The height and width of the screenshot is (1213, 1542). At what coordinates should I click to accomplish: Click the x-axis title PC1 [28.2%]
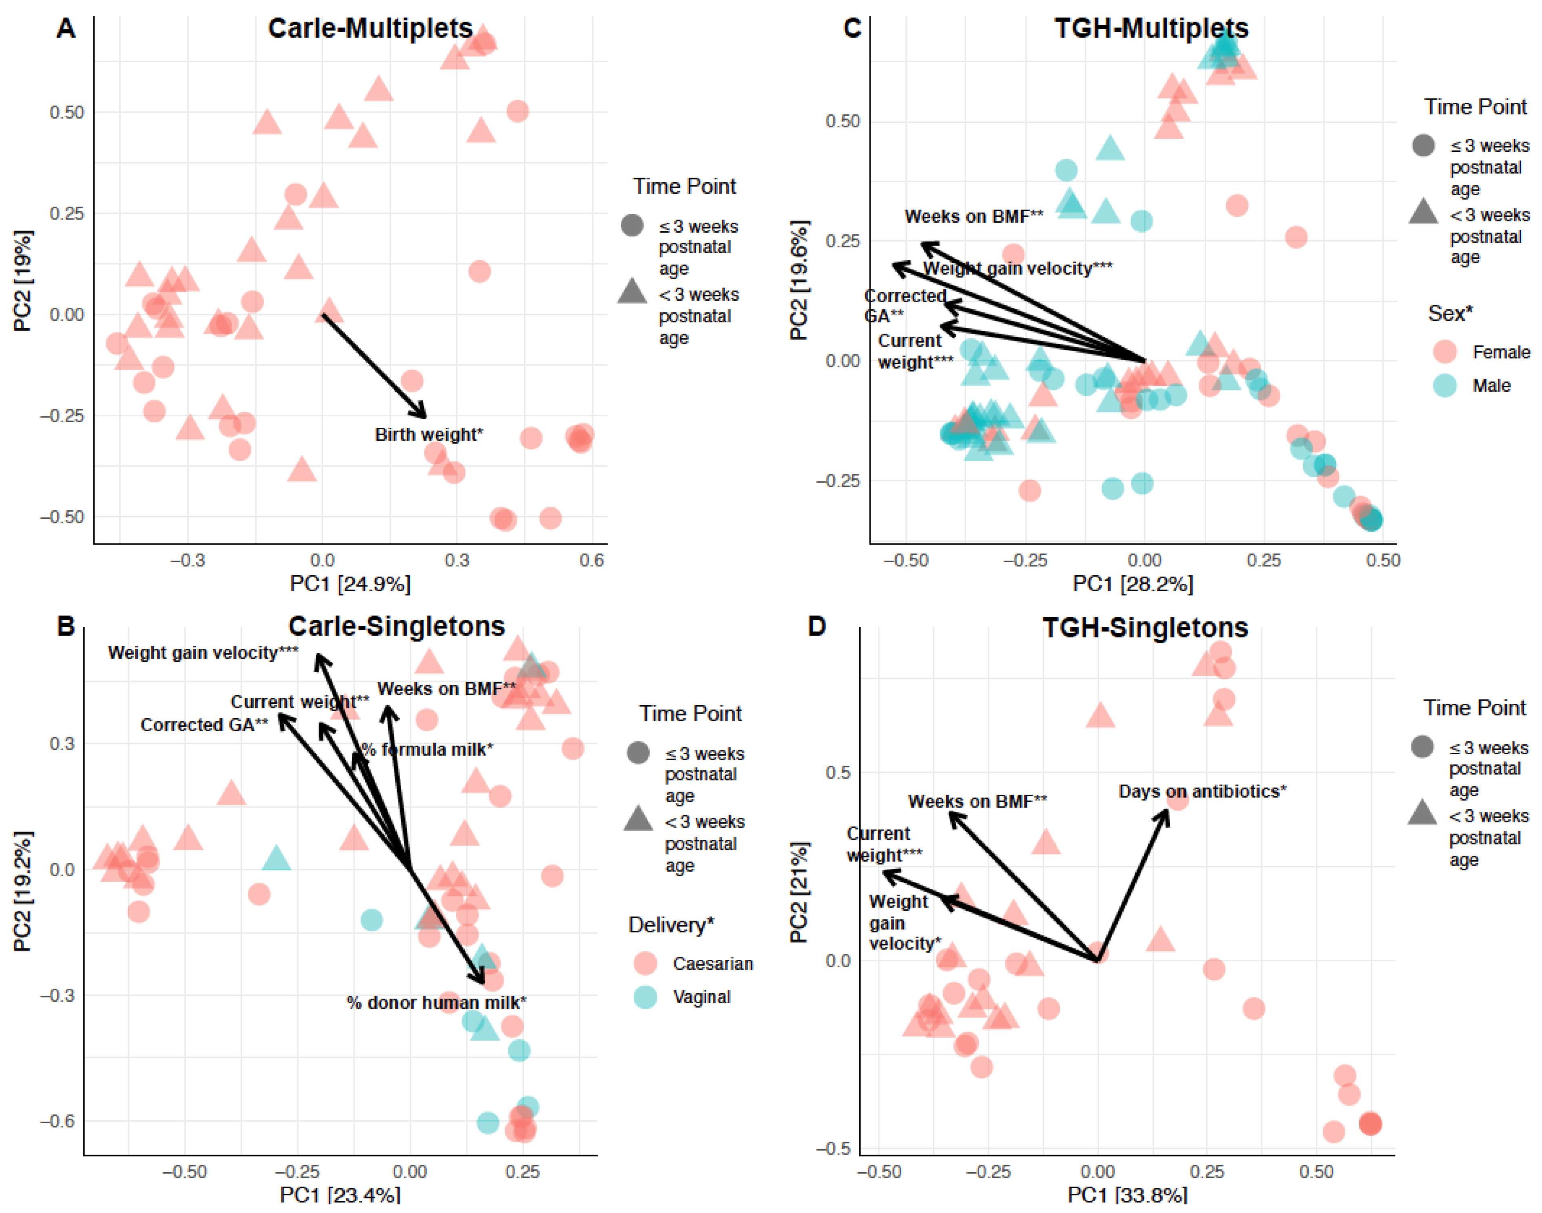coord(1132,584)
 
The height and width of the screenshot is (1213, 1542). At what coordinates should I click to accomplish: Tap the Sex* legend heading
coord(1450,313)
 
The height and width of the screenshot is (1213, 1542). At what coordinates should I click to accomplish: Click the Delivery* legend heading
coord(671,925)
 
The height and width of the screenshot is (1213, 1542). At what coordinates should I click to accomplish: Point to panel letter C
coord(852,28)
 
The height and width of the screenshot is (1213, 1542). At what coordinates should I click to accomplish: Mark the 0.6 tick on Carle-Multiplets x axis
coord(591,560)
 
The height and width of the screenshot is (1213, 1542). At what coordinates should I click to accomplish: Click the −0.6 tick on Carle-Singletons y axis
coord(57,1121)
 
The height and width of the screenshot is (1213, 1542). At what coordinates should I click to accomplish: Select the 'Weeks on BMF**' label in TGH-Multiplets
coord(973,216)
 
